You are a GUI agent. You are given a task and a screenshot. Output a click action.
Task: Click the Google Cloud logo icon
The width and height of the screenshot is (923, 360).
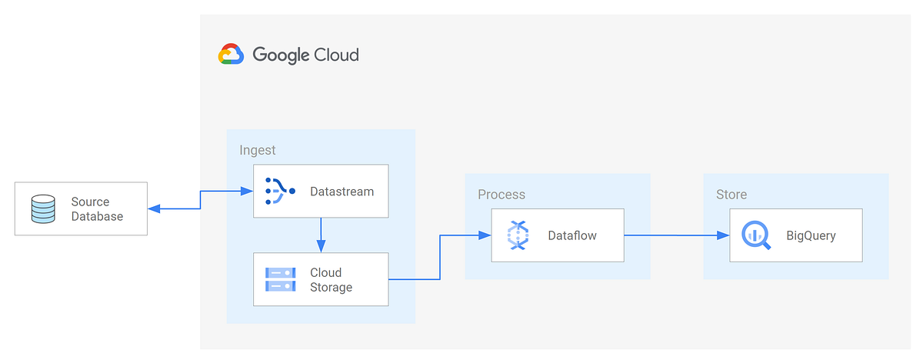231,55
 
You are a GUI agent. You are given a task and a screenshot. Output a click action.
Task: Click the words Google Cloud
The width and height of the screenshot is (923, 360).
305,55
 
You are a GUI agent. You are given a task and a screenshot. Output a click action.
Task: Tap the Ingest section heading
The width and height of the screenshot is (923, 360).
258,150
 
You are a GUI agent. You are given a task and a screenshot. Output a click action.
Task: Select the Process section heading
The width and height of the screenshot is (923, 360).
501,195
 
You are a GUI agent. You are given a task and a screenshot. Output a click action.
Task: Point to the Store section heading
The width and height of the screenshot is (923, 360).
731,195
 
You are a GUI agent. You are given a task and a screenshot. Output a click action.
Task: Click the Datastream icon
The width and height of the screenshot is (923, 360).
279,191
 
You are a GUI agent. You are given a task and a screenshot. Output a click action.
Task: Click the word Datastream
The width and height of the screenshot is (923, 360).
342,191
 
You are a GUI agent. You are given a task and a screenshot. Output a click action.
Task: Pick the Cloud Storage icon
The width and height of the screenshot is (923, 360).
280,280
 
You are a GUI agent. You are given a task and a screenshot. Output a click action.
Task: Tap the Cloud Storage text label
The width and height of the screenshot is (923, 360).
331,280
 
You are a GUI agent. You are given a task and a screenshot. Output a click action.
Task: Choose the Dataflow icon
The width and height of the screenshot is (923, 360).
518,235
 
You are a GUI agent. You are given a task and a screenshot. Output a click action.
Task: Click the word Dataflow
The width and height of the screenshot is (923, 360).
572,235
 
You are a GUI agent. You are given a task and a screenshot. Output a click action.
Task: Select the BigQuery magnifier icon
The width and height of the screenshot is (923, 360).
756,235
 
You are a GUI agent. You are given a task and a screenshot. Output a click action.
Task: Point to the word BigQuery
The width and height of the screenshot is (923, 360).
811,235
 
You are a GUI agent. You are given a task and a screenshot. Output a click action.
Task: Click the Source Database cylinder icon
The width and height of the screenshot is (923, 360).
43,209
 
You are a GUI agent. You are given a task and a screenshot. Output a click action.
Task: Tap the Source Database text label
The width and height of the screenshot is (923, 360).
97,209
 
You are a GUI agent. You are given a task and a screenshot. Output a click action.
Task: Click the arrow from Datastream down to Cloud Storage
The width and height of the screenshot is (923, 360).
322,234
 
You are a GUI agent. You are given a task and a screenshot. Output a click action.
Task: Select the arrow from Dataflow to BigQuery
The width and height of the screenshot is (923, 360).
676,235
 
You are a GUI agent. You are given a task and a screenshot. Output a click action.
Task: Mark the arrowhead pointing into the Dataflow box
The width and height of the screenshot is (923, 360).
486,235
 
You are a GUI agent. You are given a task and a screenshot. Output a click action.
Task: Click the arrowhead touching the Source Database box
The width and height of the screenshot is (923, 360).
153,208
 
